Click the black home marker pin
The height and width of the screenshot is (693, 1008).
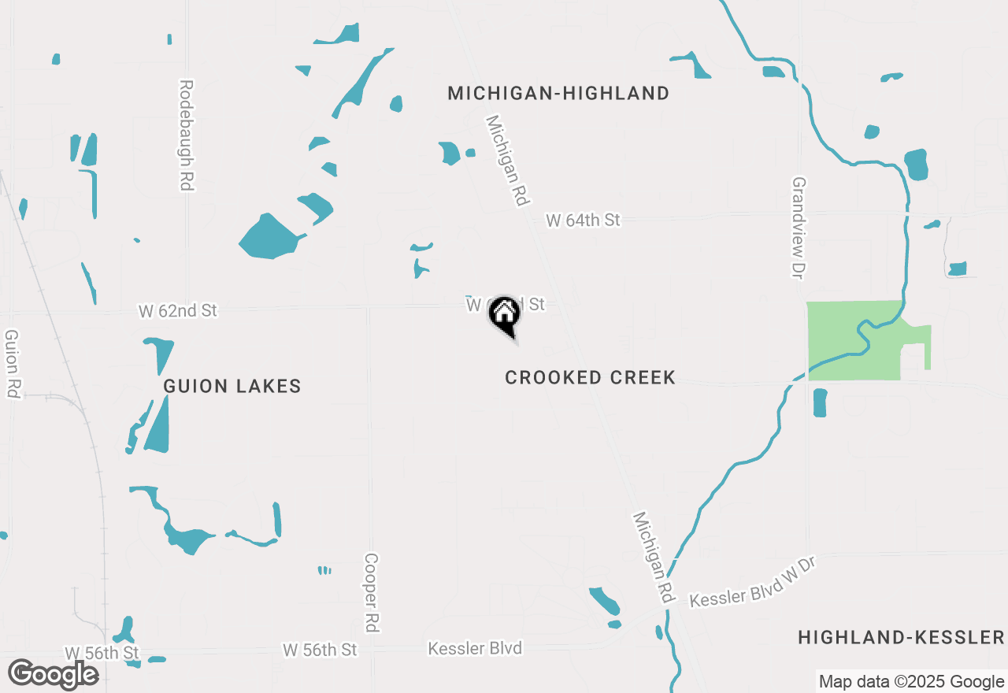coord(504,316)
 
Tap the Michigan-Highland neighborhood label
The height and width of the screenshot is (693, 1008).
coord(558,94)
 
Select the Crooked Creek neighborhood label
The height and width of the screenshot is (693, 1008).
coord(590,378)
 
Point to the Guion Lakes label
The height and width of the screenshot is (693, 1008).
coord(232,387)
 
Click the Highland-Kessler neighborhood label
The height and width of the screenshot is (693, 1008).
coord(901,638)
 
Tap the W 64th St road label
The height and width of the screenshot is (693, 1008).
coord(583,220)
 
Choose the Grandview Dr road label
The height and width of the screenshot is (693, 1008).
coord(799,227)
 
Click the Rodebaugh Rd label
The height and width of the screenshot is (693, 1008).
coord(187,135)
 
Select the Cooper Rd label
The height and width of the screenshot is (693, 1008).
coord(372,591)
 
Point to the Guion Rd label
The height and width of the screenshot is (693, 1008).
coord(12,363)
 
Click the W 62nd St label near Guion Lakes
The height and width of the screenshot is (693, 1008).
coord(177,311)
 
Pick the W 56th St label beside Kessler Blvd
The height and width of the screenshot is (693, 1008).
coord(320,650)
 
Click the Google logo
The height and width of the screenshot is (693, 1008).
coord(54,674)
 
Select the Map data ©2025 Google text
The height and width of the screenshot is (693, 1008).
coord(911,682)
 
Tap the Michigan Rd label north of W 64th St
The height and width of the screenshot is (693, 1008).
coord(506,161)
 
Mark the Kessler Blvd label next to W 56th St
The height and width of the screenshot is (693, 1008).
coord(475,649)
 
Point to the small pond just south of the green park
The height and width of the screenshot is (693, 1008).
coord(819,402)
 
